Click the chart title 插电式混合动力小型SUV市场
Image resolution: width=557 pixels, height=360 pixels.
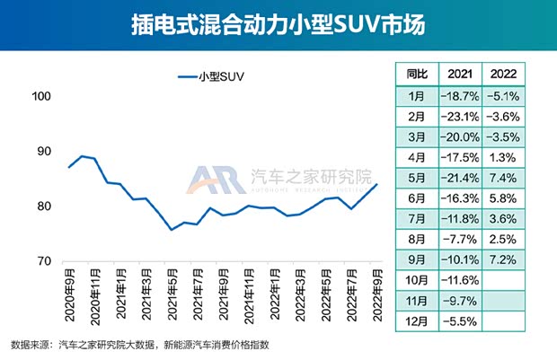pyautogui.click(x=278, y=24)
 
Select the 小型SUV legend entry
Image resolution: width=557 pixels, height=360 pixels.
pyautogui.click(x=212, y=77)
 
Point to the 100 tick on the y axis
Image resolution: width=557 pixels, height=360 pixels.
pyautogui.click(x=43, y=97)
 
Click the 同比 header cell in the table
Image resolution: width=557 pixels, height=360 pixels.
pyautogui.click(x=417, y=73)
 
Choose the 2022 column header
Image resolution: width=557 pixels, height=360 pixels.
pyautogui.click(x=506, y=73)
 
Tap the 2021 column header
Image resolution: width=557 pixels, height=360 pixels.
pyautogui.click(x=460, y=73)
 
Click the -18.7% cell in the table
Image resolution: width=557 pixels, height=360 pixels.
pyautogui.click(x=460, y=94)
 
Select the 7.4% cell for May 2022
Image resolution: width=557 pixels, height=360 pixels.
pyautogui.click(x=506, y=176)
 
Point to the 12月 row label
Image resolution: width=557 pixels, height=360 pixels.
pyautogui.click(x=417, y=320)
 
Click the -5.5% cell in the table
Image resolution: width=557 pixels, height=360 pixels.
pyautogui.click(x=460, y=320)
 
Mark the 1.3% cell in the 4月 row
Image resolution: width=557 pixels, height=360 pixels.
pyautogui.click(x=506, y=155)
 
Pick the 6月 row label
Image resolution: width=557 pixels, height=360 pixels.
pyautogui.click(x=417, y=197)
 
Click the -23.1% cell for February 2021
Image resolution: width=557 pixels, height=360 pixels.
pyautogui.click(x=460, y=115)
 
